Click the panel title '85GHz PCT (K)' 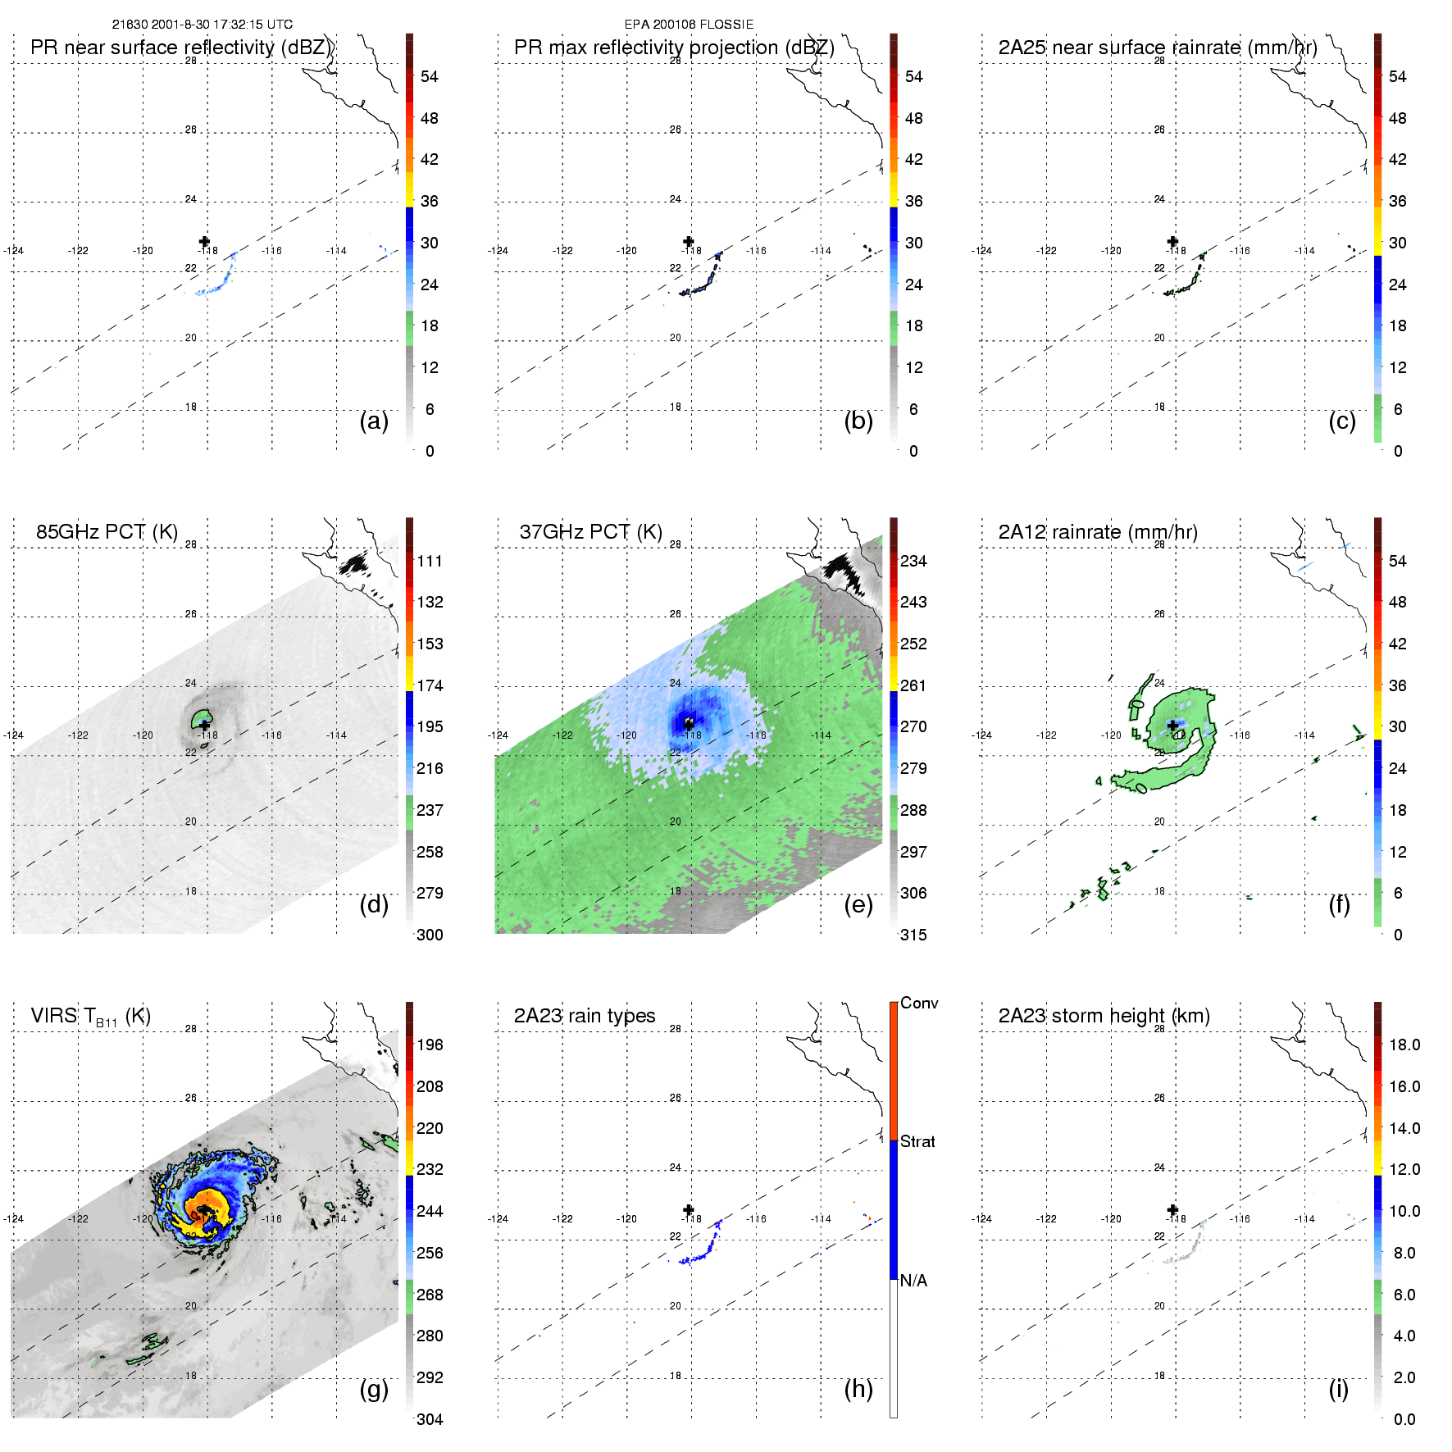tap(107, 531)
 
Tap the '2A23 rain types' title tap(585, 1016)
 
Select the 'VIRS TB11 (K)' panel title tap(90, 1017)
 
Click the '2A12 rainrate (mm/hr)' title tap(1098, 531)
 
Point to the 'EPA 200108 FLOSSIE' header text tap(689, 25)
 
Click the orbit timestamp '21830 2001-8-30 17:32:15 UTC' tap(203, 25)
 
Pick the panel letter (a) tap(374, 421)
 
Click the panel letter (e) tap(858, 904)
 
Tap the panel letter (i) tap(1339, 1389)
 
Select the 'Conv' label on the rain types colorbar tap(919, 1003)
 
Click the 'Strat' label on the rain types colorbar tap(917, 1141)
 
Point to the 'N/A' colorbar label tap(913, 1281)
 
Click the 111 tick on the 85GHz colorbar tap(430, 561)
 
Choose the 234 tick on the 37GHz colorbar tap(913, 561)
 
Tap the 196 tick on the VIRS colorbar tap(430, 1045)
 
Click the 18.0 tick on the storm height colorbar tap(1404, 1045)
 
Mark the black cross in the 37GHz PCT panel tap(689, 725)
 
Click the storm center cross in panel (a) tap(204, 241)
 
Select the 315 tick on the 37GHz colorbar tap(913, 935)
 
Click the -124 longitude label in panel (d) tap(13, 735)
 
